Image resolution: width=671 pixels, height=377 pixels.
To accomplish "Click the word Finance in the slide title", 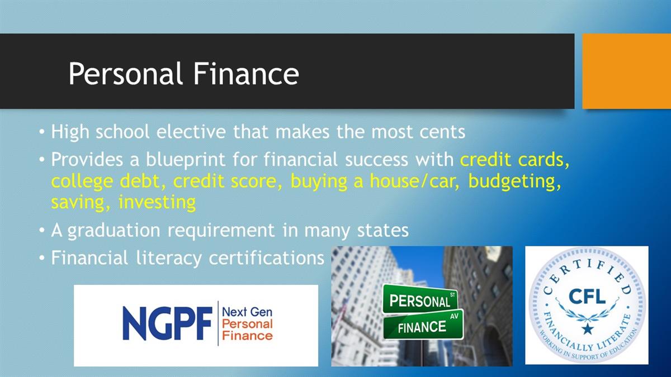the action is click(x=246, y=74).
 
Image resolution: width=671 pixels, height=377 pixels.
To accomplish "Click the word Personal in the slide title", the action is click(x=126, y=74).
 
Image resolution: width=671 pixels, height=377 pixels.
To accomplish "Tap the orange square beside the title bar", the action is click(x=627, y=71).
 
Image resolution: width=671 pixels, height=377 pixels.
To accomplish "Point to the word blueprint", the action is click(x=186, y=160).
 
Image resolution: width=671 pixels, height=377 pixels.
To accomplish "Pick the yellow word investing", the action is click(x=157, y=203).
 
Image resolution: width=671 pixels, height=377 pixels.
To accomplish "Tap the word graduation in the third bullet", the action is click(x=114, y=231).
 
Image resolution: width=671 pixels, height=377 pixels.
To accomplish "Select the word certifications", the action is click(x=267, y=257).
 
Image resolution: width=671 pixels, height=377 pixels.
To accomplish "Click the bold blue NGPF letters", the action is click(x=168, y=323).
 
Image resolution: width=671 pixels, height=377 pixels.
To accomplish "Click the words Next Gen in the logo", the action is click(x=247, y=312).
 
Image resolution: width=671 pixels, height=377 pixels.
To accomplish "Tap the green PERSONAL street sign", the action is click(x=420, y=299).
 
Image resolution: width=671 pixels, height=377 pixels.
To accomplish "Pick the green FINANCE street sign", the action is click(x=423, y=324).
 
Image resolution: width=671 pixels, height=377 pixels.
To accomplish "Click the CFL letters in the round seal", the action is click(x=587, y=297).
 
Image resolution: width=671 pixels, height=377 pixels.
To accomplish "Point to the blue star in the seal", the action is click(x=588, y=329).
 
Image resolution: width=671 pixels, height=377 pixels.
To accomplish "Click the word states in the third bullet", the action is click(x=382, y=231).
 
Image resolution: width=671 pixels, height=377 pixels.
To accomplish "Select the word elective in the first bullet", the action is click(x=191, y=132).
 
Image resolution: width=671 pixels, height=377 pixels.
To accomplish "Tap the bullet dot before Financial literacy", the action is click(x=42, y=257).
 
